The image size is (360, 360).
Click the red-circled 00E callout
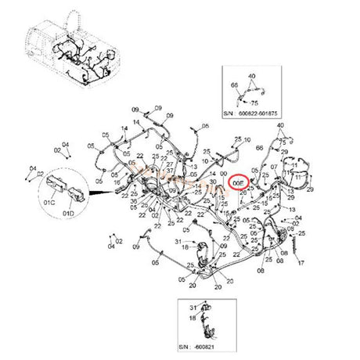[239, 182]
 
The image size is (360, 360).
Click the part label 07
[274, 167]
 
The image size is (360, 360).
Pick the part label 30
[214, 182]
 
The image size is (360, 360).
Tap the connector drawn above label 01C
[57, 189]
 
